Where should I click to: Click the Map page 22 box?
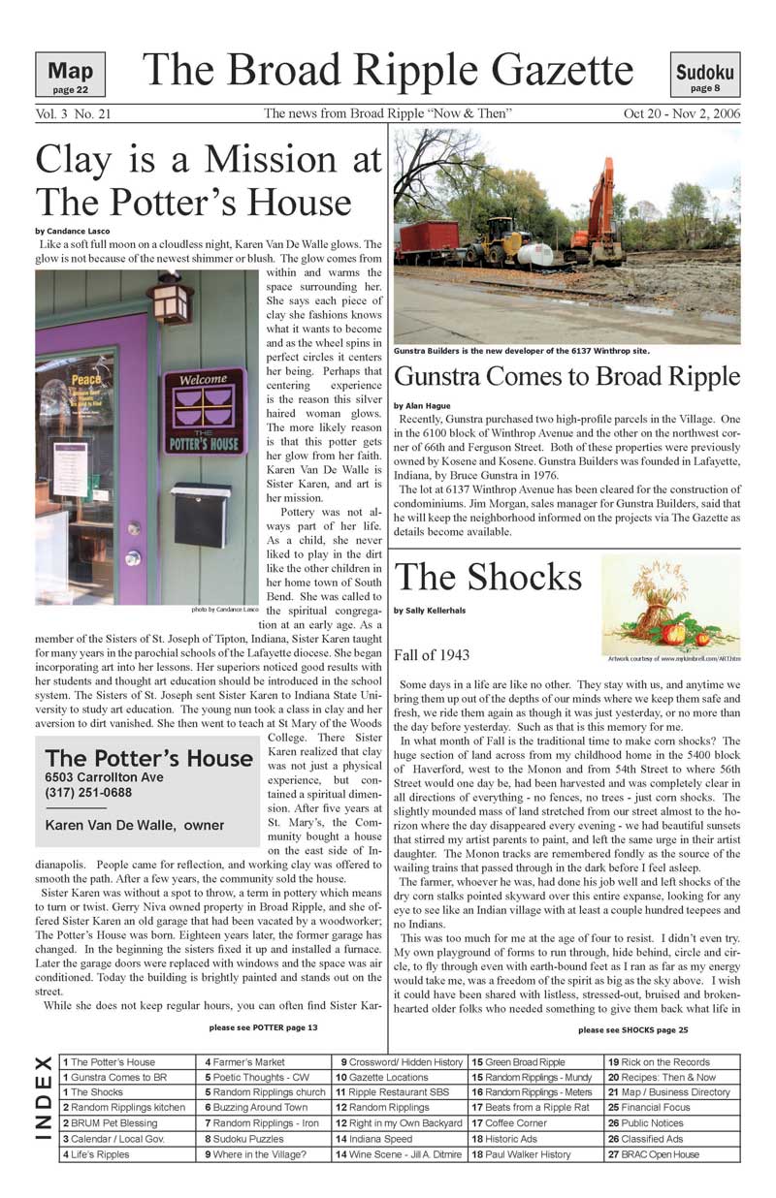(x=70, y=75)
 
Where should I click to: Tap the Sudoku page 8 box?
(x=705, y=75)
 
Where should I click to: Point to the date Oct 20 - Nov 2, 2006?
(x=682, y=114)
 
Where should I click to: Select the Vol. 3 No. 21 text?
(x=73, y=114)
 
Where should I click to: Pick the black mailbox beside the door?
(x=202, y=514)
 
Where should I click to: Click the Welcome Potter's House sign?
(x=204, y=411)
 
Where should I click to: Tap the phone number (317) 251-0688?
(x=87, y=793)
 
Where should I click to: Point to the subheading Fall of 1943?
(x=433, y=655)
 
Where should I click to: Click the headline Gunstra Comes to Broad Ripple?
(x=567, y=376)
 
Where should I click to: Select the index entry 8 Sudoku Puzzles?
(x=243, y=1139)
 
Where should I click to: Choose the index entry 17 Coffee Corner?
(x=509, y=1123)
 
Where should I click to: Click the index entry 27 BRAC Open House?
(x=653, y=1154)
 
